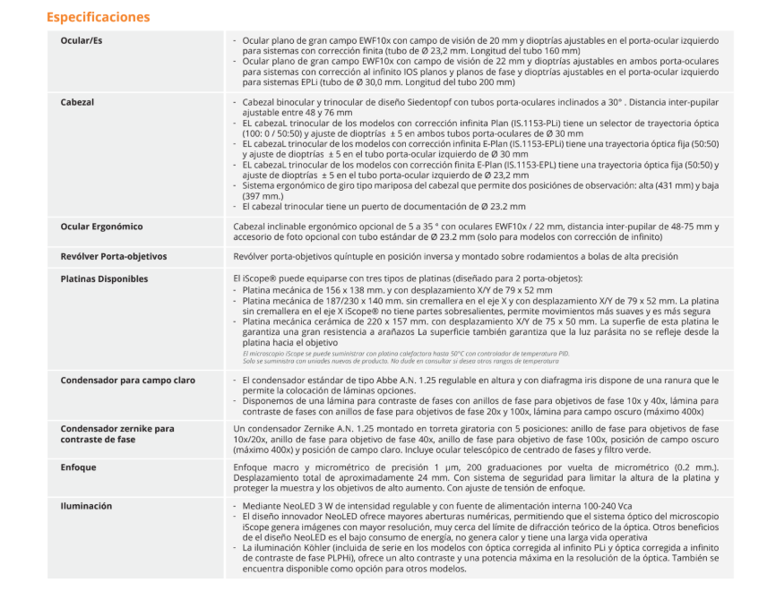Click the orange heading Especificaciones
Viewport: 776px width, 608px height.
[98, 17]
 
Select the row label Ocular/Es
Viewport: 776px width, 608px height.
[82, 41]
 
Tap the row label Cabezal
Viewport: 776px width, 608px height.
[78, 103]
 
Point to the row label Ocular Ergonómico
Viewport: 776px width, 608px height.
[101, 227]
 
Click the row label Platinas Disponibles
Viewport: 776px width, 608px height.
[104, 279]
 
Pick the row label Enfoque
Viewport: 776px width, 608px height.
[78, 467]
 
